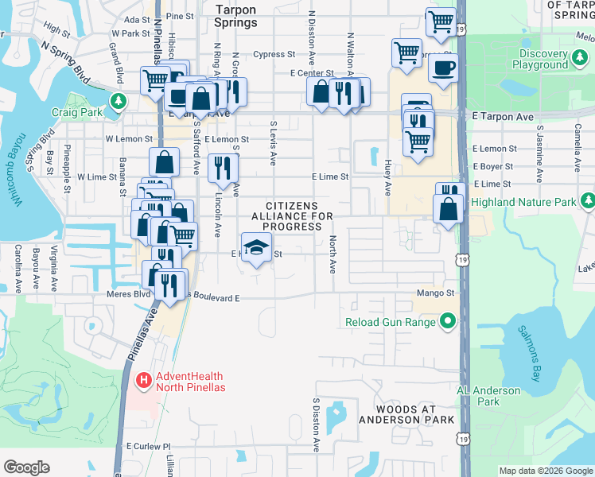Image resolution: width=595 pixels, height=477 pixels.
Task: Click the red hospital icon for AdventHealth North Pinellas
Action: coord(144,381)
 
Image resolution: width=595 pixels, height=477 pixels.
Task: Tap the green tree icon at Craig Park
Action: coord(119,101)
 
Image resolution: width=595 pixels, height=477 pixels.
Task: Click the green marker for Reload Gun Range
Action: coord(448,322)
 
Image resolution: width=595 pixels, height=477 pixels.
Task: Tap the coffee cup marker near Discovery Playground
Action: coord(443,67)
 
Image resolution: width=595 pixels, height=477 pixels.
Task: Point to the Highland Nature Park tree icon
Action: coord(588,202)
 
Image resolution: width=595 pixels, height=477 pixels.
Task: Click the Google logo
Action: coord(26,467)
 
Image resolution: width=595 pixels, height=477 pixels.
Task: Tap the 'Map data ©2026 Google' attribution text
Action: coord(545,471)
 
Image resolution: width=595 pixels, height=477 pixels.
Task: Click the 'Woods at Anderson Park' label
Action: coord(406,413)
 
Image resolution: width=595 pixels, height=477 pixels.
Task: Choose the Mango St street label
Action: coord(434,293)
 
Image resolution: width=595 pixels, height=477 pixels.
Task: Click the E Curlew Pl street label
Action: coord(149,447)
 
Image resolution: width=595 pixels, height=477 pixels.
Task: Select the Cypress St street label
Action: coord(274,55)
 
